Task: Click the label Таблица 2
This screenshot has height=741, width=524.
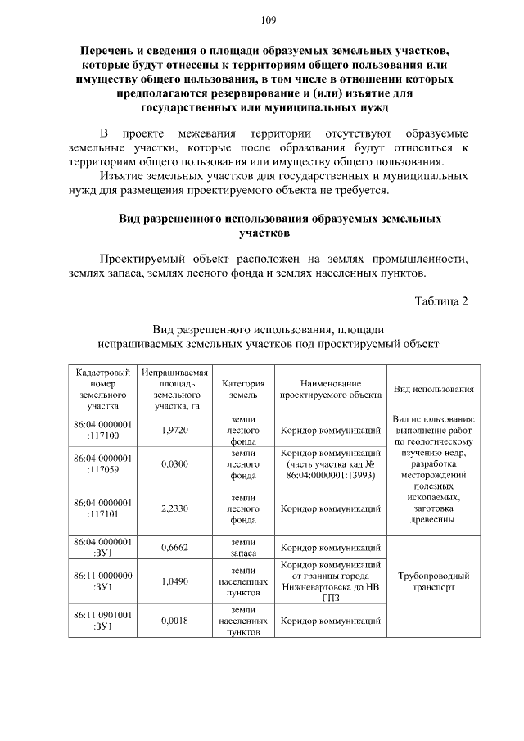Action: (x=440, y=300)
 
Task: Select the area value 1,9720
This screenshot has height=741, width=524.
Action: (x=175, y=430)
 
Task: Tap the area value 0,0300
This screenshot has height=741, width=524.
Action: (x=175, y=463)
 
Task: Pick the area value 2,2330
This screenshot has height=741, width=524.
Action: (x=175, y=508)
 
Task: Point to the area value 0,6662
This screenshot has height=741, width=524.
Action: (x=175, y=548)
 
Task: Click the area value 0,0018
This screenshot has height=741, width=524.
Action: (x=175, y=621)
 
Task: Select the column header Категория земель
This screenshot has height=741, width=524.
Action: (x=244, y=388)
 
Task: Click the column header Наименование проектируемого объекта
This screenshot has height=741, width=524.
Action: (x=331, y=388)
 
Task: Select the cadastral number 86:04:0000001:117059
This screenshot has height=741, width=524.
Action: (x=103, y=463)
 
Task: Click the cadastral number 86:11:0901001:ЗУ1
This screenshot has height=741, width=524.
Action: (x=103, y=621)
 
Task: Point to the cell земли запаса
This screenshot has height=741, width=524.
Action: (x=244, y=548)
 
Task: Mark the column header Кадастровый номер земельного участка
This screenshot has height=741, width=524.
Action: (x=103, y=388)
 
